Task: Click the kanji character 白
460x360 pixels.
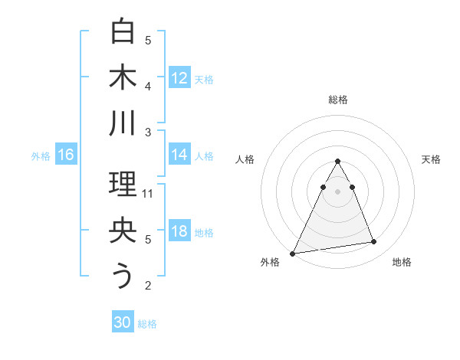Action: [x=123, y=33]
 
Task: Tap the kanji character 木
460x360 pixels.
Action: [x=123, y=77]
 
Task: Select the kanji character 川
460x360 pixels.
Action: [x=123, y=123]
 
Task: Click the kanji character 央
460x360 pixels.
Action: [x=123, y=231]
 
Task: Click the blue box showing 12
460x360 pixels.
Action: [x=179, y=77]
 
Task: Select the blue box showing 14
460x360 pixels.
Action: [x=179, y=155]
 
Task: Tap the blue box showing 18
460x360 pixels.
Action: [x=179, y=231]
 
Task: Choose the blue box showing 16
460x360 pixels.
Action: [x=66, y=155]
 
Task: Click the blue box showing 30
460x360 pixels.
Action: [x=123, y=322]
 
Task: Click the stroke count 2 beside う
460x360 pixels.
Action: [x=148, y=286]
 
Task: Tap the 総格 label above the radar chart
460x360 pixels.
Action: [x=337, y=100]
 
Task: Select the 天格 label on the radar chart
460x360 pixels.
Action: [x=432, y=159]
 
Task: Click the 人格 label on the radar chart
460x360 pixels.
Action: [x=245, y=159]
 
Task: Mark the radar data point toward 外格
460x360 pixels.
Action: [x=293, y=253]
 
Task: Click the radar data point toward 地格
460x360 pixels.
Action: [x=374, y=242]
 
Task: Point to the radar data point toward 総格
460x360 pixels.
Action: [x=337, y=162]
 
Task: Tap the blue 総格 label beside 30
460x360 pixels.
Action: [x=147, y=323]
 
